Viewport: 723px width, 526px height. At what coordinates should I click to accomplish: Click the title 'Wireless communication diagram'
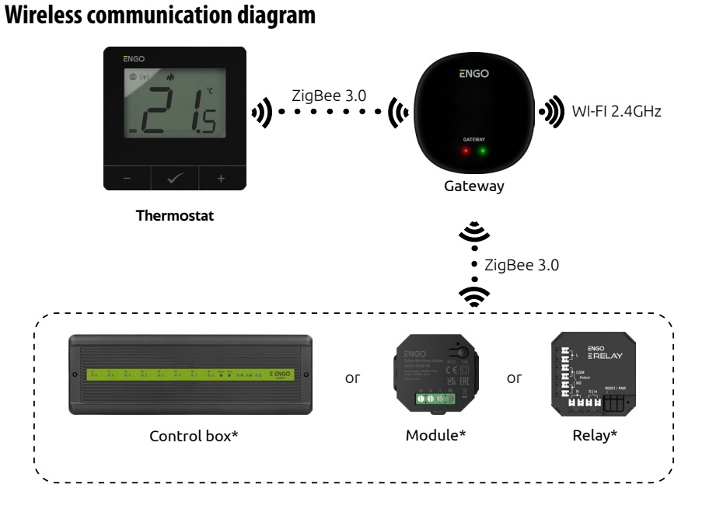pos(159,17)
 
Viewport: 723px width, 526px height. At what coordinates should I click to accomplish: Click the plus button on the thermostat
pos(220,179)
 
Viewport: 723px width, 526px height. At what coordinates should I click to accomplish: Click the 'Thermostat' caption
pos(174,215)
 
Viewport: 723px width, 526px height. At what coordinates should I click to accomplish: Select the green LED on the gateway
pos(484,150)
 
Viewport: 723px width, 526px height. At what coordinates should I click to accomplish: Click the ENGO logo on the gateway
pos(474,75)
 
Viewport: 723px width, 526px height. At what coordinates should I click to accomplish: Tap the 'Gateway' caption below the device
pos(474,187)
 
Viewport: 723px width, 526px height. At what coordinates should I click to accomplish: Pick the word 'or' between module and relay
pos(514,378)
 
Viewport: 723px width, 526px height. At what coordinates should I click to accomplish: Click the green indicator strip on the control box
pos(191,374)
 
